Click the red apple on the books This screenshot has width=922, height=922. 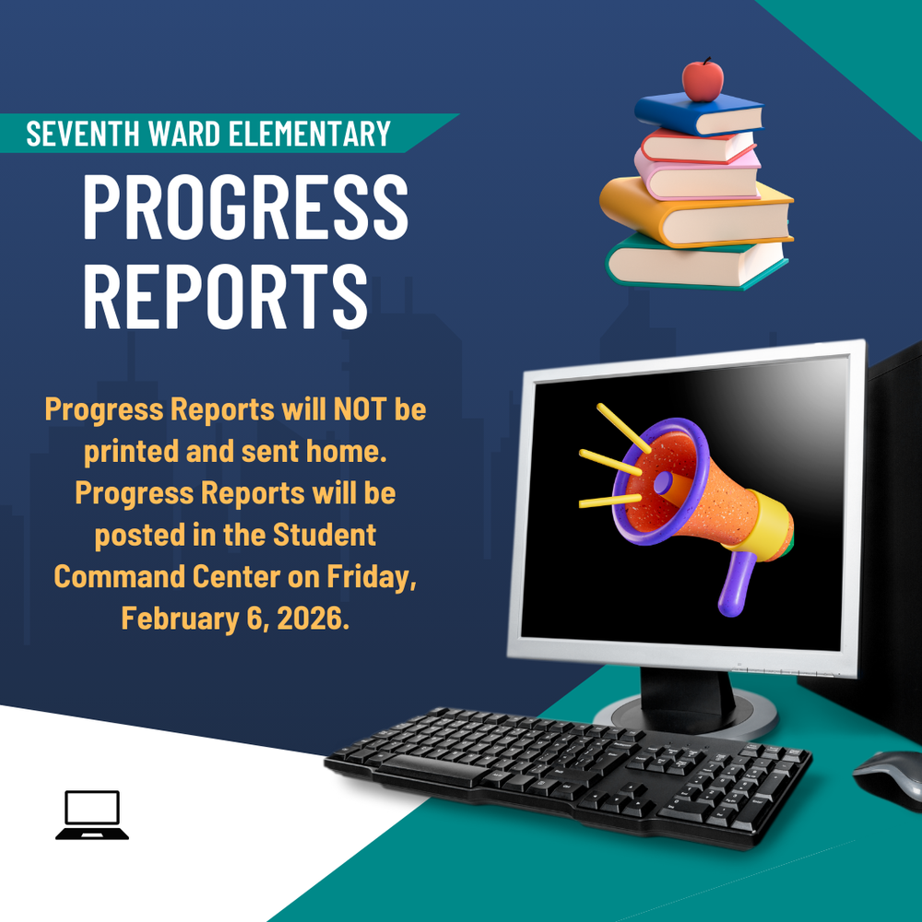703,79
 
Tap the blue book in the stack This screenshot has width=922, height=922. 701,112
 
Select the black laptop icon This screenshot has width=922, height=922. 92,814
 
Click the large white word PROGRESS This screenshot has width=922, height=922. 245,207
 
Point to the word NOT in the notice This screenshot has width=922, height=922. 348,409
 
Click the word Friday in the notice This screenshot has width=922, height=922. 373,576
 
